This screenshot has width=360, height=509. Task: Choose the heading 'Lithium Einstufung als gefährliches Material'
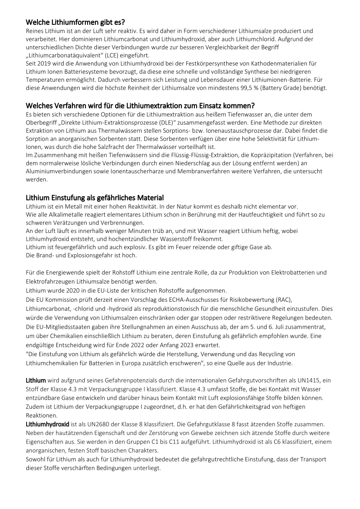pyautogui.click(x=95, y=198)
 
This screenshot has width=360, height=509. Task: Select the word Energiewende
pyautogui.click(x=65, y=273)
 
